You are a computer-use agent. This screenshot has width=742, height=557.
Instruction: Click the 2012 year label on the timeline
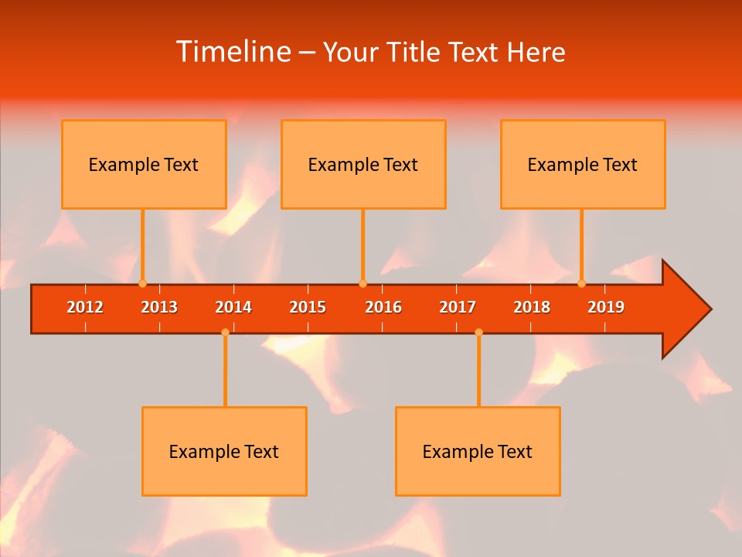(x=85, y=307)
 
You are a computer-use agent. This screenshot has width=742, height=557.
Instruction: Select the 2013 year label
(x=159, y=307)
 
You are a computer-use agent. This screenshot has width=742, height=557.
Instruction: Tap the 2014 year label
(x=233, y=307)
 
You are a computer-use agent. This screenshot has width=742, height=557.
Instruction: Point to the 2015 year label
(x=308, y=307)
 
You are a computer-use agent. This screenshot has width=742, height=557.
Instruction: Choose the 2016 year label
(x=383, y=307)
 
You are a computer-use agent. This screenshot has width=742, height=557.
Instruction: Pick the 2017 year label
(x=458, y=307)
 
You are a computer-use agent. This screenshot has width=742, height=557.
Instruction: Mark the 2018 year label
(x=532, y=307)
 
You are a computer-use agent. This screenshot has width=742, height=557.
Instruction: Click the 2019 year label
(x=606, y=307)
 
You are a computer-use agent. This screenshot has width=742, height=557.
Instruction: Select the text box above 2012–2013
(x=144, y=164)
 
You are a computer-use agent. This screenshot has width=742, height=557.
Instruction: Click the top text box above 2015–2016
(x=363, y=164)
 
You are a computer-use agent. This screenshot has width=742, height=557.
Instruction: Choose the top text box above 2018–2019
(x=583, y=164)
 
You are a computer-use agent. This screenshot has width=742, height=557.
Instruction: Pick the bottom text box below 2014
(x=224, y=451)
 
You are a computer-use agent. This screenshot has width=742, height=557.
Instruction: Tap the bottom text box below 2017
(x=478, y=451)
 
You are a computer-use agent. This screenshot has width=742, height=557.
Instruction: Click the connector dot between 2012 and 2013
(x=142, y=283)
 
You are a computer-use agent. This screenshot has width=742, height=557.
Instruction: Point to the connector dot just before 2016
(x=362, y=283)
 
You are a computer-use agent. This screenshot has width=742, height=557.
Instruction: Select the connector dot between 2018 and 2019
(x=582, y=283)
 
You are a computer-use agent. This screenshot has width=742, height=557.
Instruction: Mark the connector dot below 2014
(x=225, y=332)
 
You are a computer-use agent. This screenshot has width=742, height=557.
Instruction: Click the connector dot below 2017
(x=478, y=332)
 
